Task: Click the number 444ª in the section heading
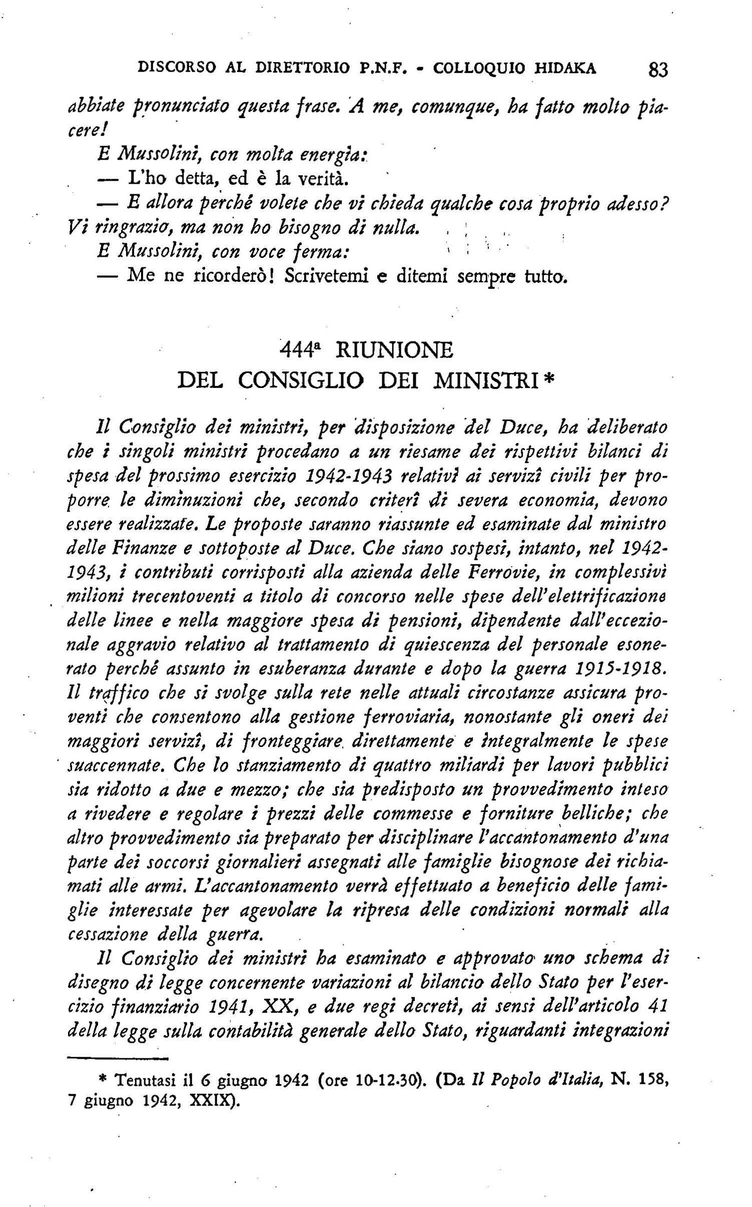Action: point(300,349)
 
